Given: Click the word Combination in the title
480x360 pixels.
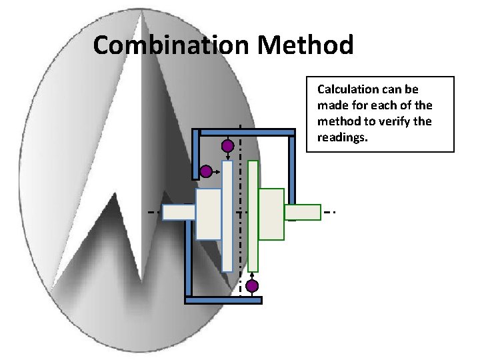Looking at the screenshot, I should pyautogui.click(x=171, y=45).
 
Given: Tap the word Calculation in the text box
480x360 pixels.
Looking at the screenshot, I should pyautogui.click(x=350, y=89).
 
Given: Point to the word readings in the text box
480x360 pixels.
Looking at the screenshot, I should pyautogui.click(x=340, y=137).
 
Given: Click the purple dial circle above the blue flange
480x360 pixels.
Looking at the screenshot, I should pyautogui.click(x=227, y=145).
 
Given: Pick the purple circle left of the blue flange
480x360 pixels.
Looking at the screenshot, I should pyautogui.click(x=206, y=171).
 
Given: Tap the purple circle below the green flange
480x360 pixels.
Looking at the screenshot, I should pyautogui.click(x=252, y=287).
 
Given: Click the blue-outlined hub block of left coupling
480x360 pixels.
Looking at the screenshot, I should pyautogui.click(x=208, y=213).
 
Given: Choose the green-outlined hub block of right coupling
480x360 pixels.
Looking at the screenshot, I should pyautogui.click(x=271, y=213).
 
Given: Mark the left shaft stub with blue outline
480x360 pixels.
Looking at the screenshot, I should pyautogui.click(x=179, y=212).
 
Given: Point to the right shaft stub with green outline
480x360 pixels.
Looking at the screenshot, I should pyautogui.click(x=303, y=212).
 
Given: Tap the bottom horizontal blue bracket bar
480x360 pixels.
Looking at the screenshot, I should pyautogui.click(x=223, y=300).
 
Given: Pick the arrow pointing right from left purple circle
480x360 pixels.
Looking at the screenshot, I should pyautogui.click(x=217, y=171).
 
